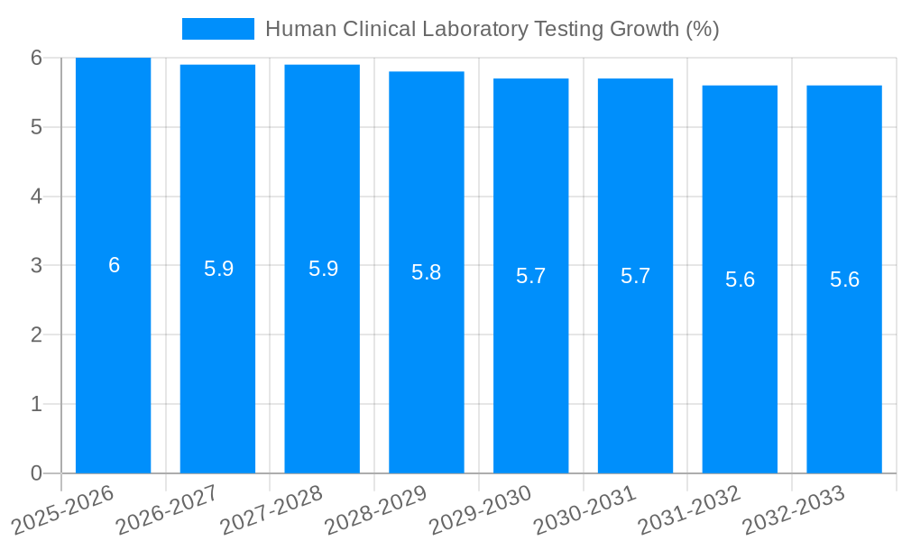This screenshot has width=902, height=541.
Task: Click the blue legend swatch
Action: click(x=217, y=29)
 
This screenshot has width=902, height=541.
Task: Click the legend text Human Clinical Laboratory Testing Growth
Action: click(x=492, y=29)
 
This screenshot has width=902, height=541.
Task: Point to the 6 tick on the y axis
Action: click(x=36, y=58)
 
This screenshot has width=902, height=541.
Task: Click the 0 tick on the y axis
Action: click(x=36, y=473)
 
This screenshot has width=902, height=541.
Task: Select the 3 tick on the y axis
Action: click(x=36, y=266)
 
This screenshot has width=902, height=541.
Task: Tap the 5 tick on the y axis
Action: click(x=36, y=127)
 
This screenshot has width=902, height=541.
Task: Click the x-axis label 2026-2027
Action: click(x=167, y=510)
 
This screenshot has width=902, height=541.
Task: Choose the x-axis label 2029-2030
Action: click(x=480, y=510)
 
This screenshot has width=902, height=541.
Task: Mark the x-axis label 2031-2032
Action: click(x=689, y=510)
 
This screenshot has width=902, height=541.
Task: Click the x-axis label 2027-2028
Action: click(x=272, y=510)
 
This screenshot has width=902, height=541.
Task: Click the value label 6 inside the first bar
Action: click(x=114, y=265)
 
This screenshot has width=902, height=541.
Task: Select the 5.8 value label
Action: click(x=426, y=272)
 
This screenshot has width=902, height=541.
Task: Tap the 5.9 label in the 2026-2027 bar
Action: click(x=218, y=269)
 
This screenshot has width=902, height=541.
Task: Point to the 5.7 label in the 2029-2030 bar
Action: click(x=530, y=276)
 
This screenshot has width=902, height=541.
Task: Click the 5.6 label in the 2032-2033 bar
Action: click(x=844, y=280)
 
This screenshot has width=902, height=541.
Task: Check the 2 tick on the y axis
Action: click(x=36, y=335)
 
